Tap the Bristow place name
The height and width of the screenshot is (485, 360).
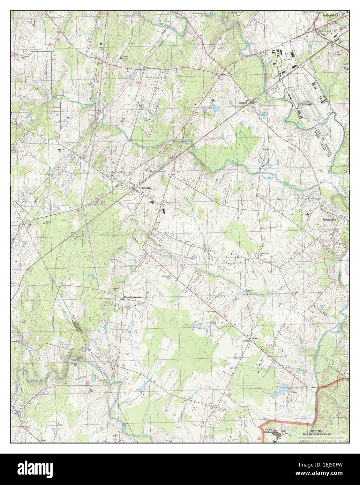[x=243, y=103]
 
